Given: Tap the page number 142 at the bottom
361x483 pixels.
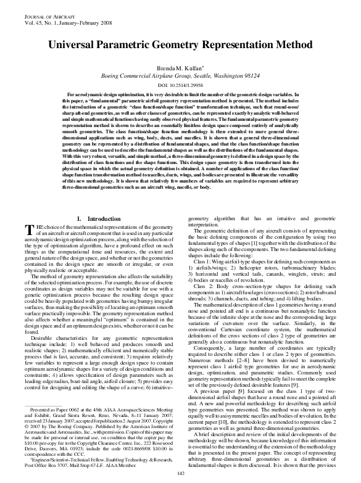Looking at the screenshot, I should tap(181, 473).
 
